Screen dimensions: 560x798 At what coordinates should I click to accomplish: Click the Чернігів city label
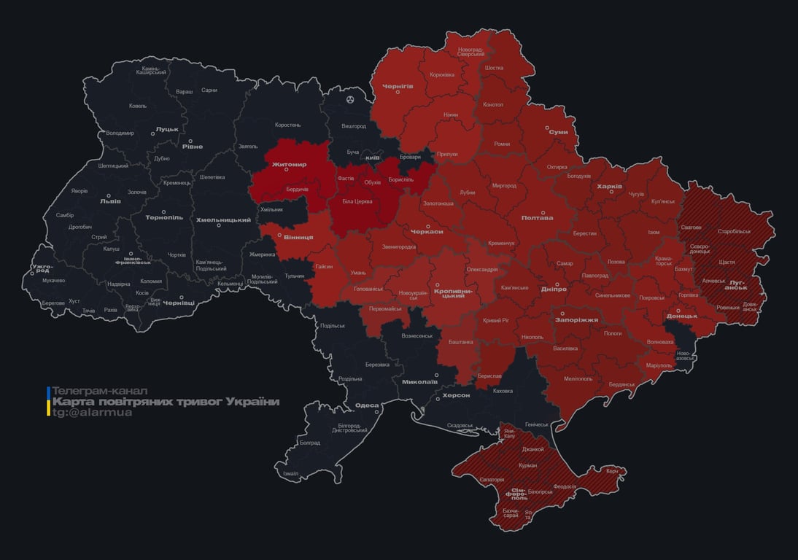[398, 86]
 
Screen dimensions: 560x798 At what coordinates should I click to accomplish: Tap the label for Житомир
[289, 165]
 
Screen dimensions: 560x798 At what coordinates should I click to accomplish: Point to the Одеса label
[366, 405]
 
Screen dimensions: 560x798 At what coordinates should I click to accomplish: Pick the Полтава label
[537, 217]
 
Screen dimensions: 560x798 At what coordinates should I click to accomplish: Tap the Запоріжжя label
[576, 319]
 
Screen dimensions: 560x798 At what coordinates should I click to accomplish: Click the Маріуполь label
[659, 365]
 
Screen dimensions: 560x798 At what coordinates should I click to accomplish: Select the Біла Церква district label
[357, 201]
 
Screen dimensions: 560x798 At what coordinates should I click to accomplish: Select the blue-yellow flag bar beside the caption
[48, 401]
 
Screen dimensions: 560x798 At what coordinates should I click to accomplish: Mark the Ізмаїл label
[290, 473]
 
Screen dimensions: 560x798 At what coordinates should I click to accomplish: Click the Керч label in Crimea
[612, 471]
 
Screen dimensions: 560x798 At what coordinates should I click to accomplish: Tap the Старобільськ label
[734, 231]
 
